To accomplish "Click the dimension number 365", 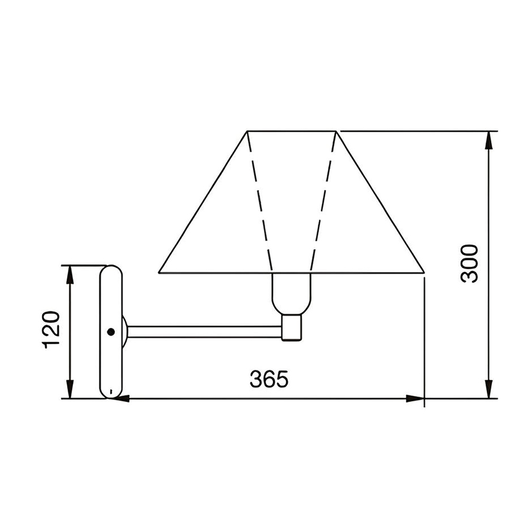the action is pyautogui.click(x=269, y=379).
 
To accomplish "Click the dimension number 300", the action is pyautogui.click(x=469, y=264).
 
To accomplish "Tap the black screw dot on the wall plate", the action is pyautogui.click(x=111, y=332).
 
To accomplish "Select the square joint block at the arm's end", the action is pyautogui.click(x=291, y=327).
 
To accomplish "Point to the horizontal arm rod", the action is pyautogui.click(x=205, y=332).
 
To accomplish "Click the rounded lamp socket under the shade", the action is pyautogui.click(x=291, y=294).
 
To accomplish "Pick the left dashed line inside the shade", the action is pyautogui.click(x=260, y=202).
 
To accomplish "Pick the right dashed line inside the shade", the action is pyautogui.click(x=323, y=202).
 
